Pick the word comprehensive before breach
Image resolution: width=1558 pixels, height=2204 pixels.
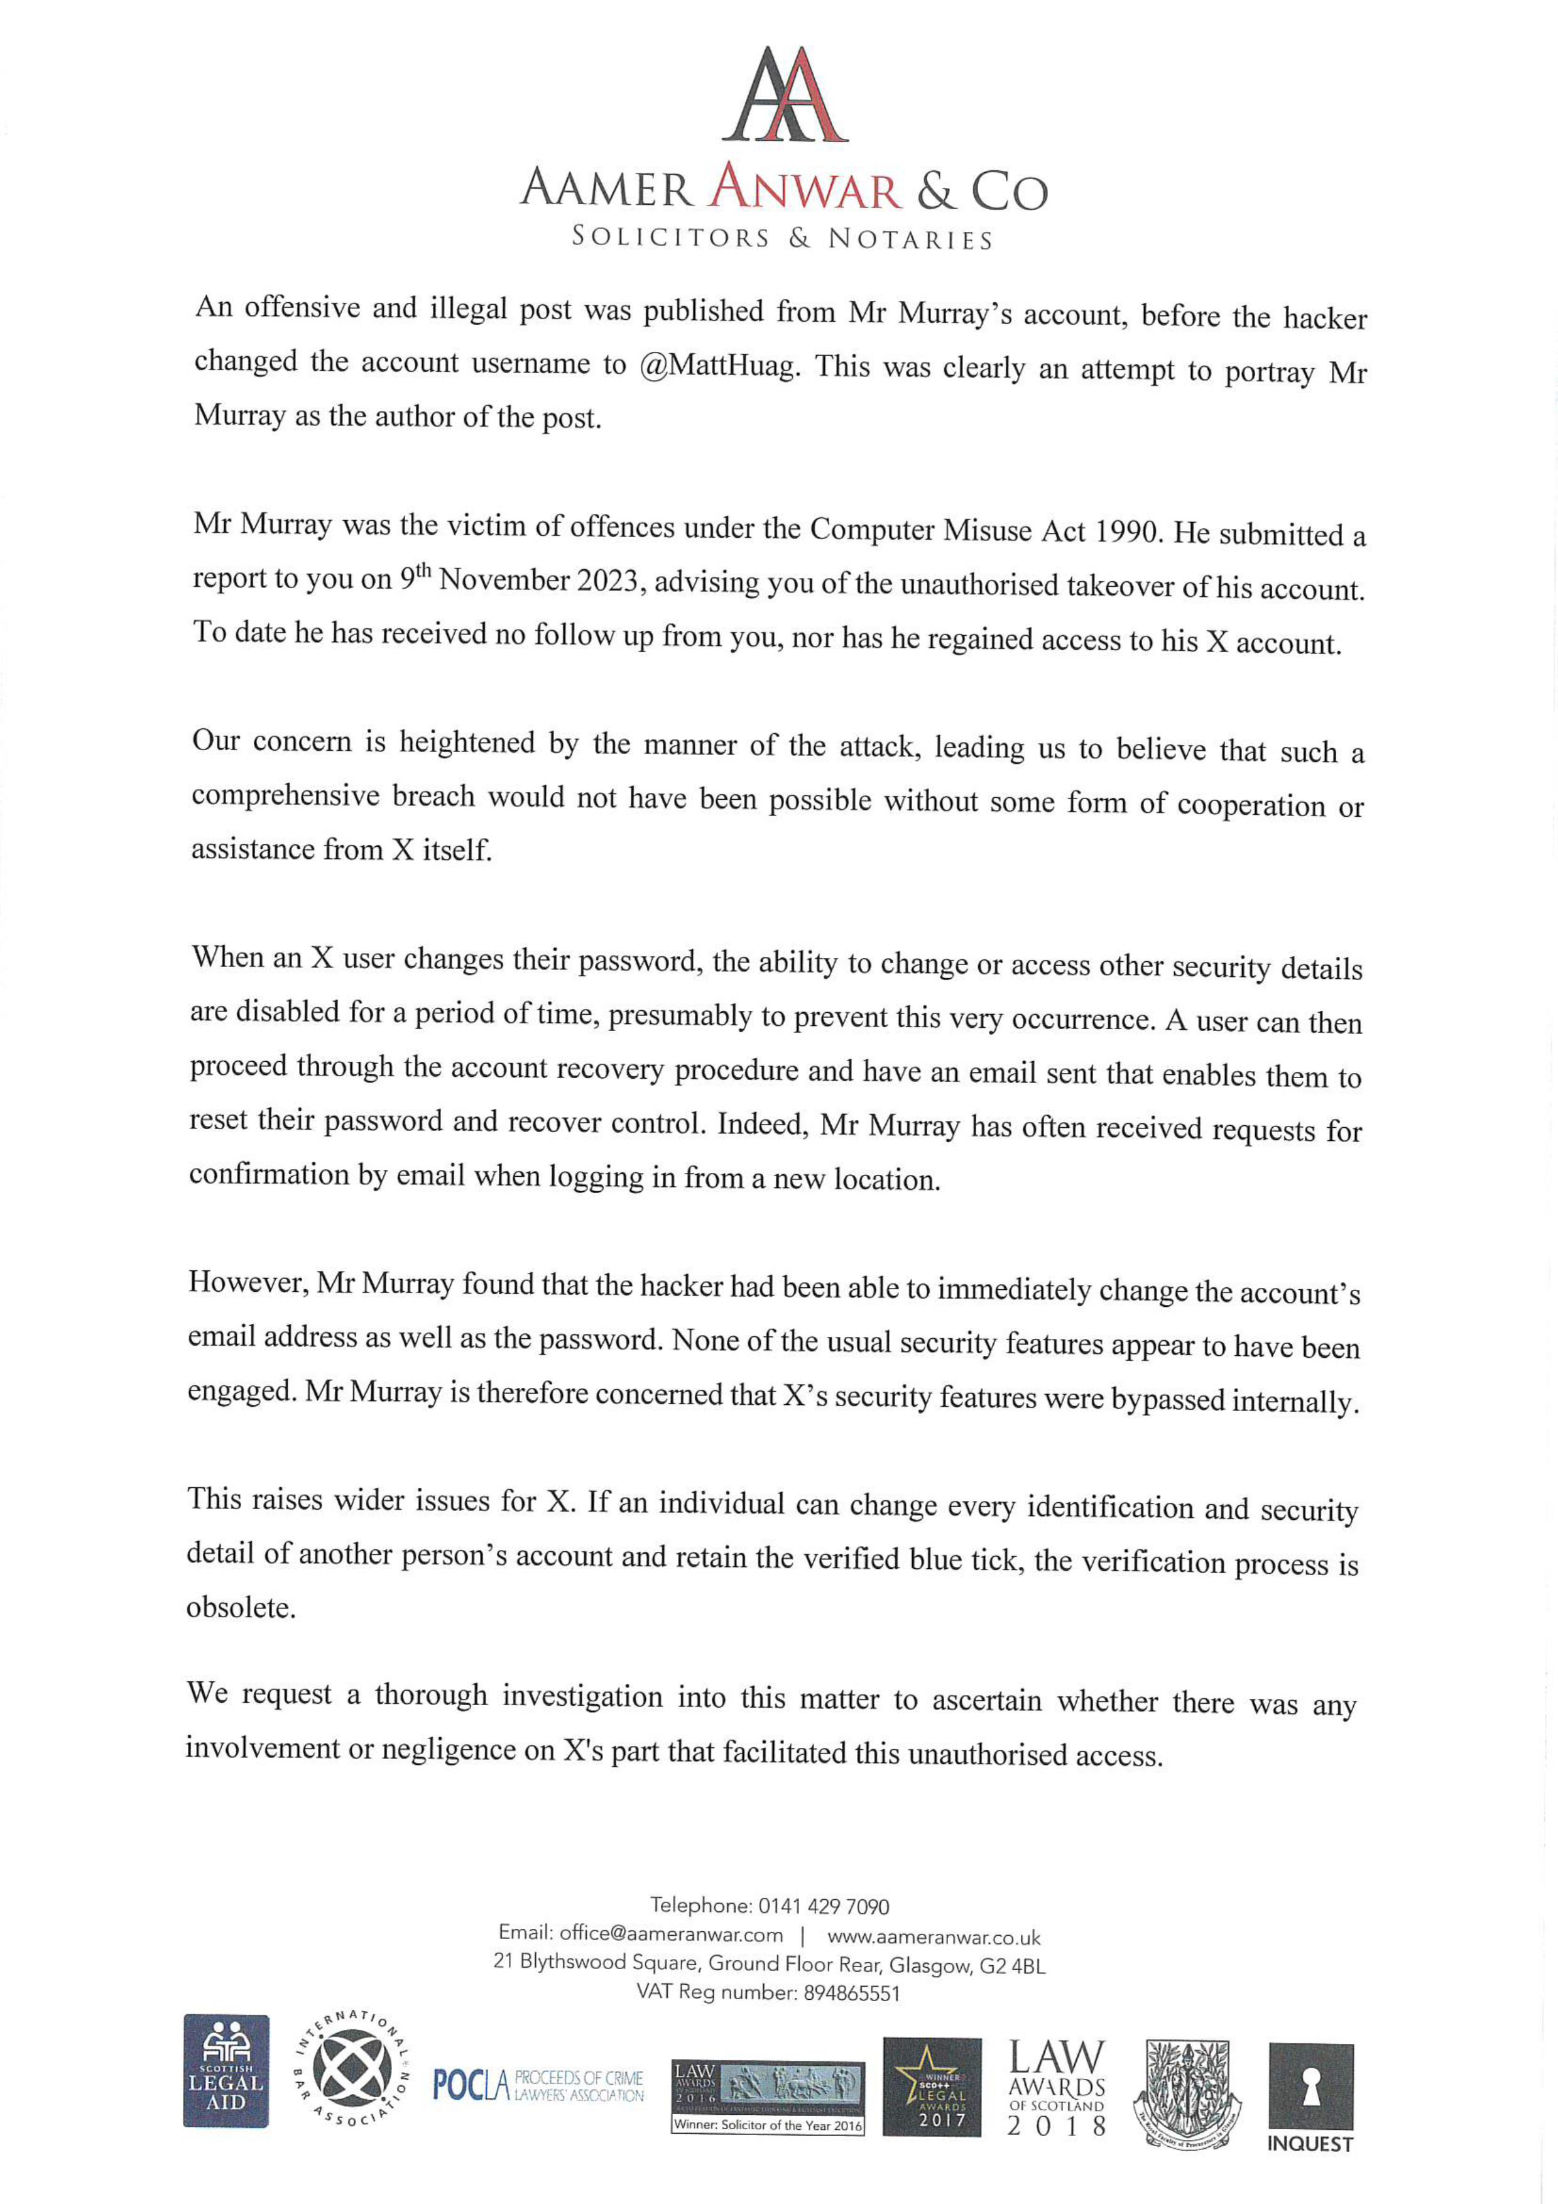pyautogui.click(x=285, y=796)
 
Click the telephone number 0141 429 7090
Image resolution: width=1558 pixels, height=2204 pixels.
pyautogui.click(x=824, y=1906)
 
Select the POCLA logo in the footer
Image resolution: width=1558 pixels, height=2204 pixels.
pyautogui.click(x=538, y=2085)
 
